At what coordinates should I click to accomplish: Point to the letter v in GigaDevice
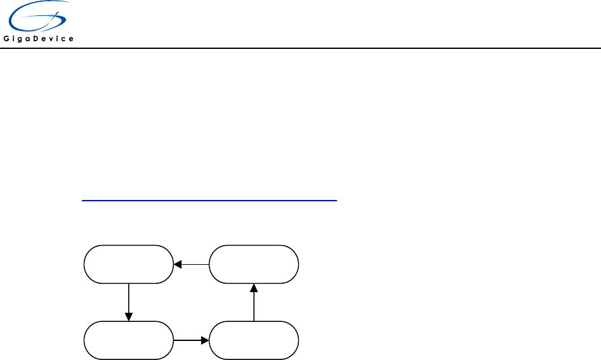tap(55, 39)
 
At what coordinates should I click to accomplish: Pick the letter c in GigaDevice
tap(66, 39)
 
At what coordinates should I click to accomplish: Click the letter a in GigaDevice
tap(30, 39)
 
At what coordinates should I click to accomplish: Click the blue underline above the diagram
tap(209, 200)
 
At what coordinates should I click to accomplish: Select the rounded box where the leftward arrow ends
tap(129, 264)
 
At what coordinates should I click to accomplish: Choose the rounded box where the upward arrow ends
tap(253, 264)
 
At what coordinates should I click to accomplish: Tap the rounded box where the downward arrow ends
tap(129, 341)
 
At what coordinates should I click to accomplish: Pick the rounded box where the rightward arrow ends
tap(253, 341)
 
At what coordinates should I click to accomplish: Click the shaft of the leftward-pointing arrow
tap(196, 264)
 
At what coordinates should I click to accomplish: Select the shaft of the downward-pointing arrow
tap(129, 298)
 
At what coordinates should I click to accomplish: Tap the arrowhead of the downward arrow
tap(129, 317)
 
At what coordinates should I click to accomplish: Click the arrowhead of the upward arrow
tap(253, 288)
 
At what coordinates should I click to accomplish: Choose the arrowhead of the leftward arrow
tap(178, 264)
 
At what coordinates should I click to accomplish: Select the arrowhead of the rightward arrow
tap(205, 341)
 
